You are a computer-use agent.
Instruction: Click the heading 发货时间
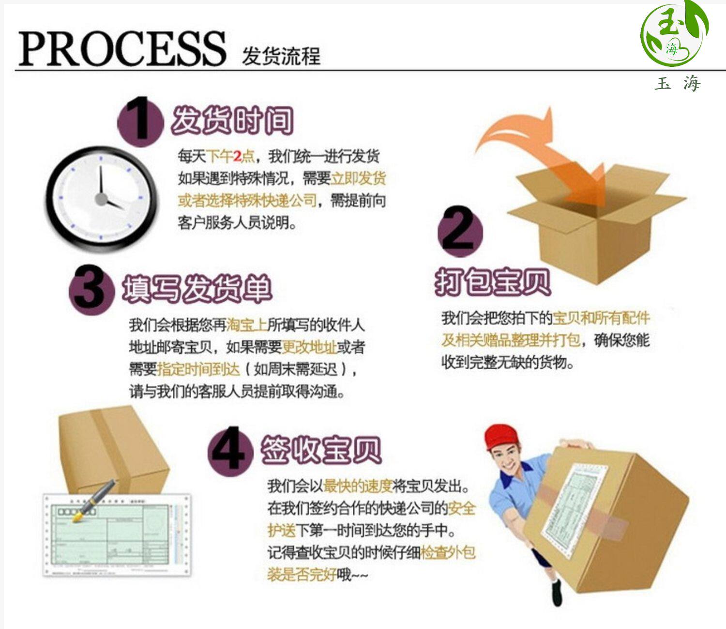coord(232,120)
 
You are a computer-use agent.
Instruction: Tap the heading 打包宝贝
coord(493,282)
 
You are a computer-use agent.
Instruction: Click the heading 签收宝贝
coord(321,450)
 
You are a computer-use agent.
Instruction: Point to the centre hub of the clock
coord(101,199)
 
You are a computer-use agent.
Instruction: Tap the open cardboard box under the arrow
coord(595,228)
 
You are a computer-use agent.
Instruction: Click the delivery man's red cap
coord(501,436)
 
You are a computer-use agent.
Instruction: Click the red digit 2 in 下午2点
coord(237,156)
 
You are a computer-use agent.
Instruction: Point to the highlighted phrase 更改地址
coord(309,347)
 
